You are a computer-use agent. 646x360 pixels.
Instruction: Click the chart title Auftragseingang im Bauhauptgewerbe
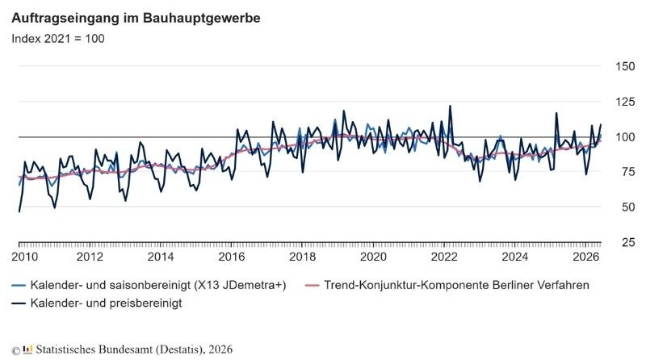point(136,18)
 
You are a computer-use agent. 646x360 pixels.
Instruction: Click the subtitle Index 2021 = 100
point(58,39)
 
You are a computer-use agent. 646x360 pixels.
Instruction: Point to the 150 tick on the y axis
point(625,66)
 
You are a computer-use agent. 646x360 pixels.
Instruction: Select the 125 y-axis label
point(625,102)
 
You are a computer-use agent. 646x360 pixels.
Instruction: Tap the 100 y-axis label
point(625,136)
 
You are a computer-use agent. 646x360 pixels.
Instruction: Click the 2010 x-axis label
point(25,257)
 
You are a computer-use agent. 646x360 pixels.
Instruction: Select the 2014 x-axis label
point(161,257)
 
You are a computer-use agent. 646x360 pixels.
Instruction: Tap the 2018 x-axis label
point(302,257)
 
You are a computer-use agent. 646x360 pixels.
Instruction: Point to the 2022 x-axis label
point(444,257)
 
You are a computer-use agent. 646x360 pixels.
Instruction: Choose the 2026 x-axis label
point(586,257)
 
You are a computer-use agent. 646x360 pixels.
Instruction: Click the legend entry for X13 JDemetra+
point(149,285)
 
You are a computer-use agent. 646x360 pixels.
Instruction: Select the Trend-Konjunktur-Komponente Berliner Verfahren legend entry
point(447,285)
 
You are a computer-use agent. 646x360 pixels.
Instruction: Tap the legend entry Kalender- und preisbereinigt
point(97,303)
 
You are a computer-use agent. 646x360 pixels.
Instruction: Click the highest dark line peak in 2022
point(450,106)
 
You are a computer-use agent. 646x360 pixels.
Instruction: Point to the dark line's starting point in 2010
point(19,211)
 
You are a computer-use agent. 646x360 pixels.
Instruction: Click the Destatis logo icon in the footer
point(27,350)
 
